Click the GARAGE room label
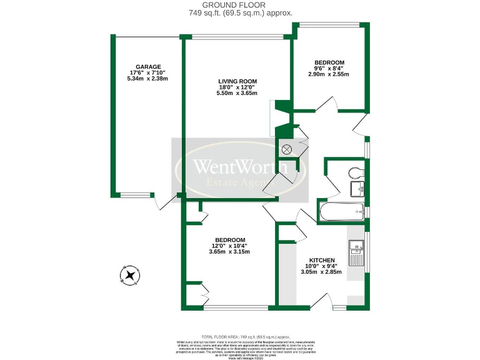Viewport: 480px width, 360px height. [148, 66]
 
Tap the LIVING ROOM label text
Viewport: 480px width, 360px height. [237, 81]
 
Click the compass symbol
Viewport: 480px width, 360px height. [131, 275]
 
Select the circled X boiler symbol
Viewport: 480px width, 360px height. [287, 149]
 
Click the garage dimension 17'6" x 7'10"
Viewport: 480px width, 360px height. [148, 72]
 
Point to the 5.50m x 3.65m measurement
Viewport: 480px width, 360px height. [237, 93]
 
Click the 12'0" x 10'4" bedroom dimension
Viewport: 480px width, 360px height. [229, 246]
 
